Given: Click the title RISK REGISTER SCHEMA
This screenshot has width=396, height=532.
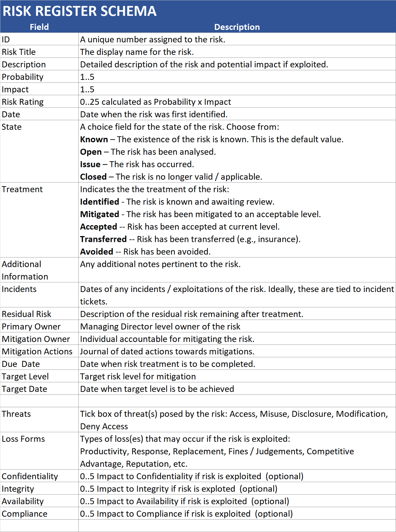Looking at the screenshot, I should click(79, 11).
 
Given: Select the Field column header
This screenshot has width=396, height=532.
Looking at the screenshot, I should click(39, 27).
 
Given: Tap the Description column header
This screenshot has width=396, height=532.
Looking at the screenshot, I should click(237, 27).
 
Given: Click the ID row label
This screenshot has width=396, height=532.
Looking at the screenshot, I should click(6, 40).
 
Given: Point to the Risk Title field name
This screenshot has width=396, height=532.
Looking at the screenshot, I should click(19, 52).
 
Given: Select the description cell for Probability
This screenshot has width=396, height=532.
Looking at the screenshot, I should click(87, 77).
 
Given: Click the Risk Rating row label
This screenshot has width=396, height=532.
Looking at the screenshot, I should click(23, 102).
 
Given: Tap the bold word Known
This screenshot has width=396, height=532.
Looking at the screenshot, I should click(94, 139).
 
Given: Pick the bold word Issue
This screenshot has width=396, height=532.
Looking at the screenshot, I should click(90, 164).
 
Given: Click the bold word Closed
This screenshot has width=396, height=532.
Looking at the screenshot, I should click(93, 177).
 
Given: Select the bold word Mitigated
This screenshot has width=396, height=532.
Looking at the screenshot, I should click(100, 214).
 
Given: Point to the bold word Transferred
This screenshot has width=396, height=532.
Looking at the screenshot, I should click(103, 239).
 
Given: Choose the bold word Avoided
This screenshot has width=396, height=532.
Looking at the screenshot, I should click(96, 252).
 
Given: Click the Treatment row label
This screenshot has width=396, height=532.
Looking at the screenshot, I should click(22, 189).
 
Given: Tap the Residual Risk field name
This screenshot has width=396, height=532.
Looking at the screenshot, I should click(26, 314).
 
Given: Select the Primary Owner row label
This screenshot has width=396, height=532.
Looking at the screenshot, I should click(31, 327).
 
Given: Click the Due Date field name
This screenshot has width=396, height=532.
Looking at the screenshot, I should click(21, 364).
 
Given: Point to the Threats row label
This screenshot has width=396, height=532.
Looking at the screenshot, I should click(16, 414).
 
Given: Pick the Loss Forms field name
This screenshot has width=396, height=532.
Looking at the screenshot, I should click(23, 439).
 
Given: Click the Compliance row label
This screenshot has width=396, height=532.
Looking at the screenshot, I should click(24, 514).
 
